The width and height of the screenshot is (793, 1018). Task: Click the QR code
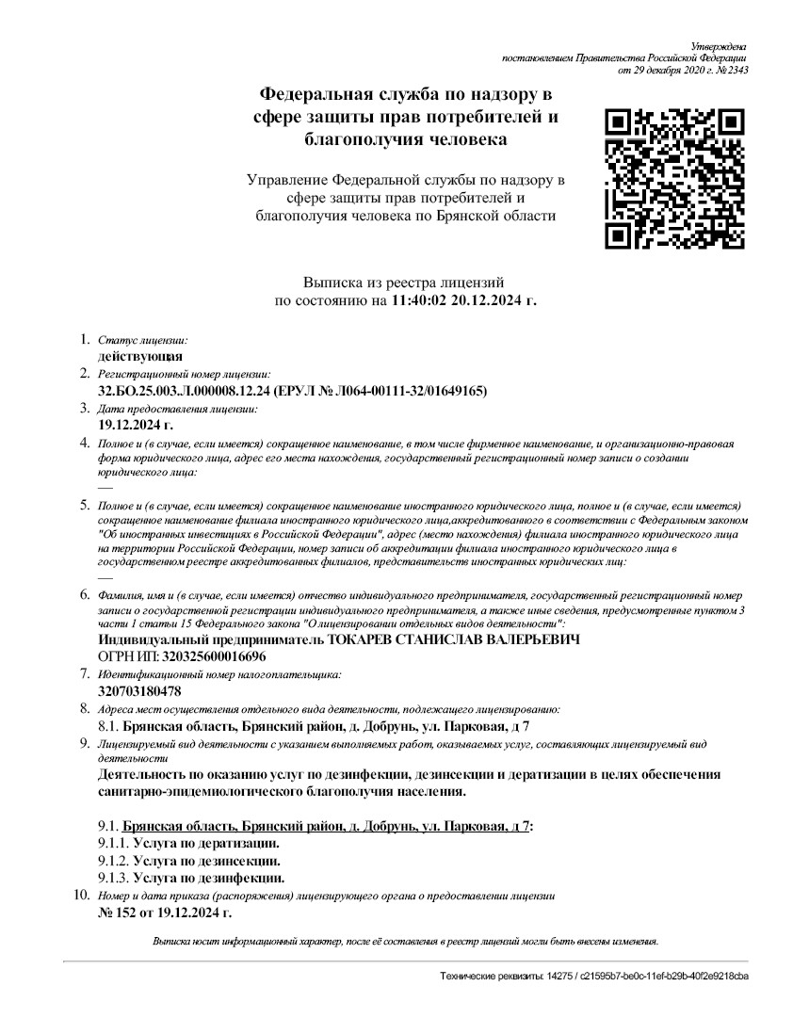click(674, 179)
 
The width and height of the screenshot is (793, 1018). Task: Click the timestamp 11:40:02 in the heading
click(420, 301)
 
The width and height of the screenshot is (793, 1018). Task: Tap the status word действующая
click(140, 357)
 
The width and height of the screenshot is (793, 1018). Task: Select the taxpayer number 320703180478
click(139, 691)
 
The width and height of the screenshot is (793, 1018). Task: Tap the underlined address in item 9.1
click(326, 825)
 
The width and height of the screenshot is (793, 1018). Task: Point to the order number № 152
click(118, 913)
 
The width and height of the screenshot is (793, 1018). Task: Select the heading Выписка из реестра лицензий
click(404, 283)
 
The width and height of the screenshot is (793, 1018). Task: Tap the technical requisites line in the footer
click(594, 977)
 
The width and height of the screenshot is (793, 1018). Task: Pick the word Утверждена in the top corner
click(720, 46)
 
